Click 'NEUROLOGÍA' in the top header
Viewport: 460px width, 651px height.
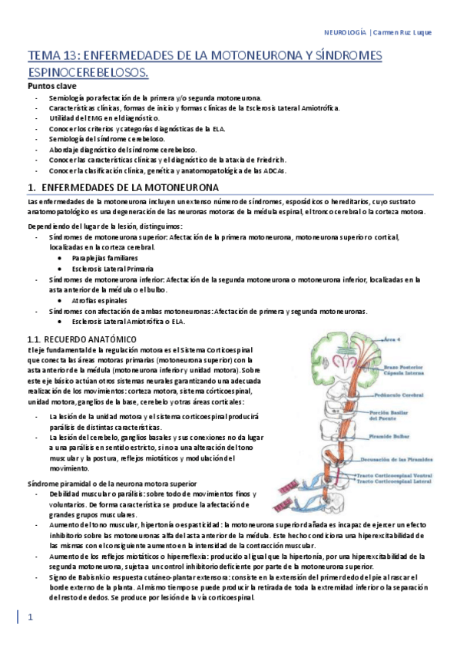[345, 31]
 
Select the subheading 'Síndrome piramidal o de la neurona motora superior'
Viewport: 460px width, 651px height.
[107, 484]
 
